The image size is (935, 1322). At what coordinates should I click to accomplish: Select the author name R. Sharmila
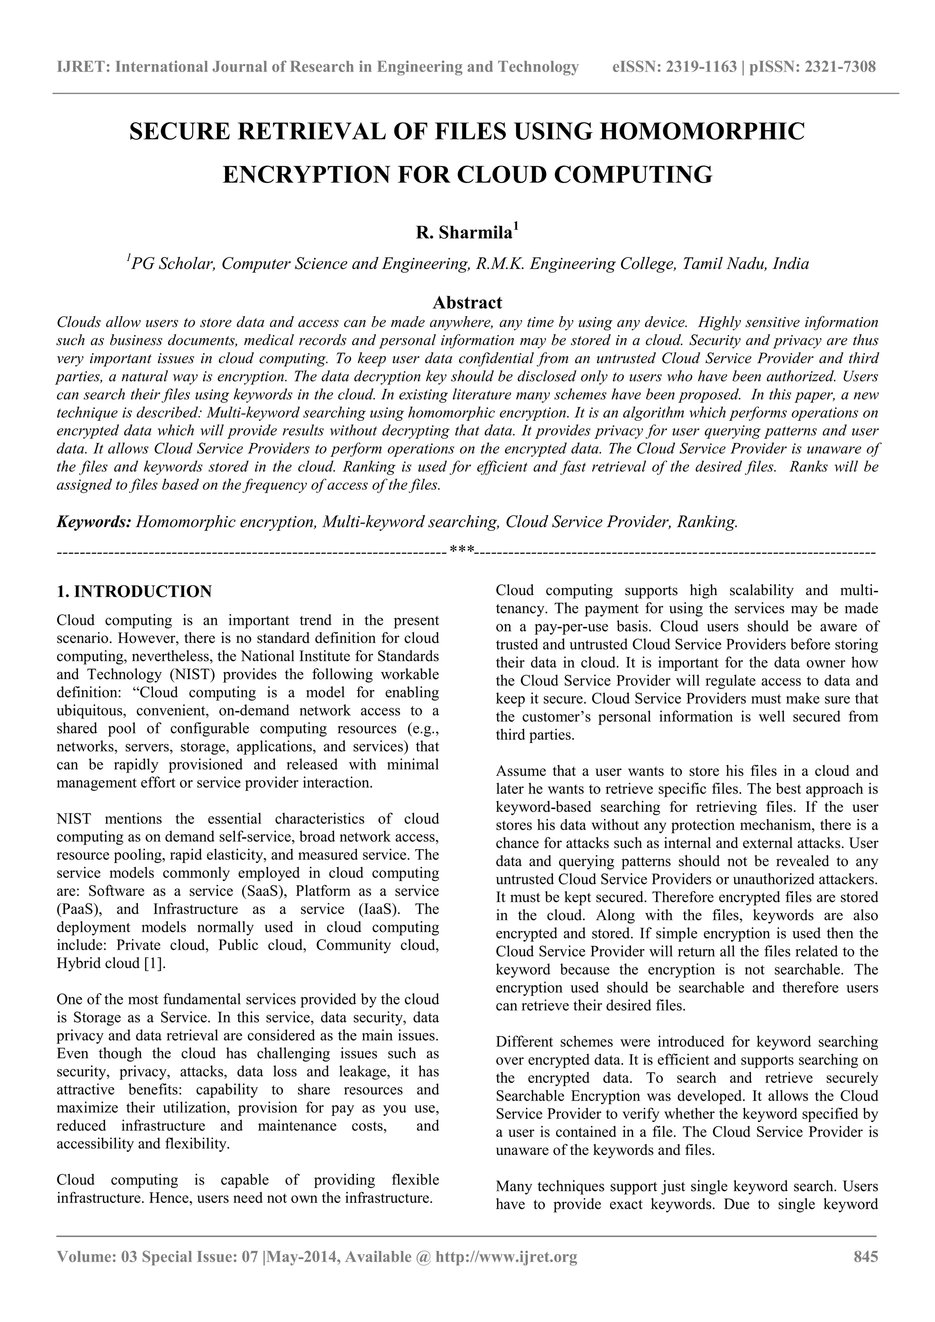[x=464, y=233]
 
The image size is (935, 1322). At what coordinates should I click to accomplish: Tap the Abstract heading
[x=467, y=302]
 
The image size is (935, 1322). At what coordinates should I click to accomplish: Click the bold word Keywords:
[x=95, y=522]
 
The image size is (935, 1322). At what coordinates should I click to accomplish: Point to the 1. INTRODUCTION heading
[x=134, y=591]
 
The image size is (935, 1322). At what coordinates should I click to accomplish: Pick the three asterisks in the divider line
[x=462, y=550]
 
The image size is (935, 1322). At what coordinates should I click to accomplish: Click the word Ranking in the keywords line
[x=706, y=522]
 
